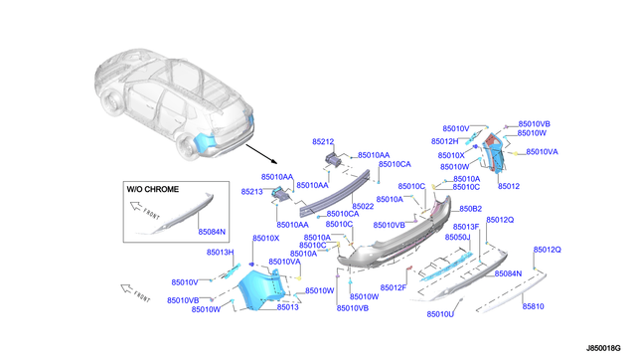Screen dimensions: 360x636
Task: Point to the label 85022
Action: click(362, 206)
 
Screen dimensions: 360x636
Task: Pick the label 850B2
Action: click(470, 209)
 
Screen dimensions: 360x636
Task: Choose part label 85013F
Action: click(467, 227)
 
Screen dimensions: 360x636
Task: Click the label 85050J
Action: click(457, 238)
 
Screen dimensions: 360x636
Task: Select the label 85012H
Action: click(444, 141)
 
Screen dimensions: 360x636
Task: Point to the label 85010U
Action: click(440, 314)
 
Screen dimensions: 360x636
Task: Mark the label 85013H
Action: click(220, 253)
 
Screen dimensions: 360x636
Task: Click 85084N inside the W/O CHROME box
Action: click(212, 232)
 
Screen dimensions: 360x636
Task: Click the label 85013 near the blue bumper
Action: click(287, 307)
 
